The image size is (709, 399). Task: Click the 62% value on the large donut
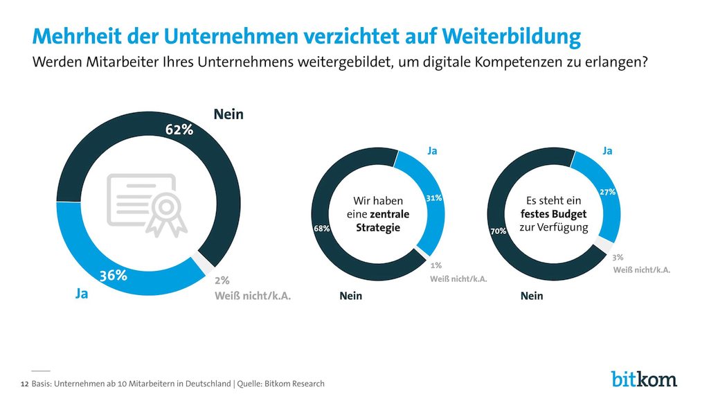[x=179, y=130]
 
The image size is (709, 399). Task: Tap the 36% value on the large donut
[x=113, y=275]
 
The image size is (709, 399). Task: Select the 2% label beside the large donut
[x=222, y=281]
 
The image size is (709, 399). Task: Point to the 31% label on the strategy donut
[x=434, y=198]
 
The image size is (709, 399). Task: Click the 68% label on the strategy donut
[x=322, y=229]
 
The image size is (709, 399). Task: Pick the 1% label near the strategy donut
[x=436, y=265]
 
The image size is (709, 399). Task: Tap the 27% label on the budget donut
[x=608, y=192]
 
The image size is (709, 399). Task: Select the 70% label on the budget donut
[x=499, y=231]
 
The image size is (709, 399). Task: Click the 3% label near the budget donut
[x=618, y=258]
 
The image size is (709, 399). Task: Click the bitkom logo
[x=645, y=379]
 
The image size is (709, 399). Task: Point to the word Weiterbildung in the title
[x=512, y=37]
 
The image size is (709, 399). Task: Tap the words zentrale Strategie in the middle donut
[x=382, y=221]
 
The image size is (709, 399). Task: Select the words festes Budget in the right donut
[x=553, y=214]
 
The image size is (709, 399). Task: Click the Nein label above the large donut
[x=228, y=114]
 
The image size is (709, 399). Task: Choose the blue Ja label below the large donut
[x=82, y=294]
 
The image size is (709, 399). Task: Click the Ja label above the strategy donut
[x=432, y=150]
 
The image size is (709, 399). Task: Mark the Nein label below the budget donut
[x=532, y=296]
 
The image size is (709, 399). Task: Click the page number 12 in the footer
[x=25, y=384]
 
